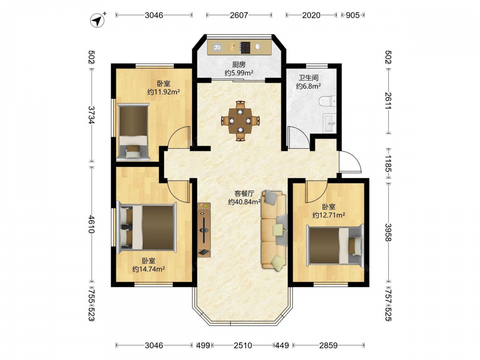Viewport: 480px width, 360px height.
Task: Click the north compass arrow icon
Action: [97, 20]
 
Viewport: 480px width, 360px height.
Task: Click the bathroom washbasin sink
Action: [330, 123]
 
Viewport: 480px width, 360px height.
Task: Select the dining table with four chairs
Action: [240, 120]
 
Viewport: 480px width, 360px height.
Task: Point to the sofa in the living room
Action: [274, 230]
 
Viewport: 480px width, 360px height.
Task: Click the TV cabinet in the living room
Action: [204, 229]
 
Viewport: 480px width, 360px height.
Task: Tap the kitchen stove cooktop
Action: [245, 48]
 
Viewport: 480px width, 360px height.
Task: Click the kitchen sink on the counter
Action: [217, 48]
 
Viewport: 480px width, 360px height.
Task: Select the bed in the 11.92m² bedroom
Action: [133, 132]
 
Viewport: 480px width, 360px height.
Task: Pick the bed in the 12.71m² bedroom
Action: [335, 245]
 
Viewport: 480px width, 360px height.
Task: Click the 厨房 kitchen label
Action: [239, 65]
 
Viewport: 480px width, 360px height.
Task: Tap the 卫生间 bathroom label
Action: [309, 78]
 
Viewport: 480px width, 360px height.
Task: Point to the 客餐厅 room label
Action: [244, 193]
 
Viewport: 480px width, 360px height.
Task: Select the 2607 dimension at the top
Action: [239, 15]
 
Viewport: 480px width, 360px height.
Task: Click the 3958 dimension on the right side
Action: [388, 232]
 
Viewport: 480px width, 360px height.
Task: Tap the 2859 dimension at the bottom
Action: [328, 345]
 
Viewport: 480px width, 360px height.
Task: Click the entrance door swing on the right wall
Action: [350, 162]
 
